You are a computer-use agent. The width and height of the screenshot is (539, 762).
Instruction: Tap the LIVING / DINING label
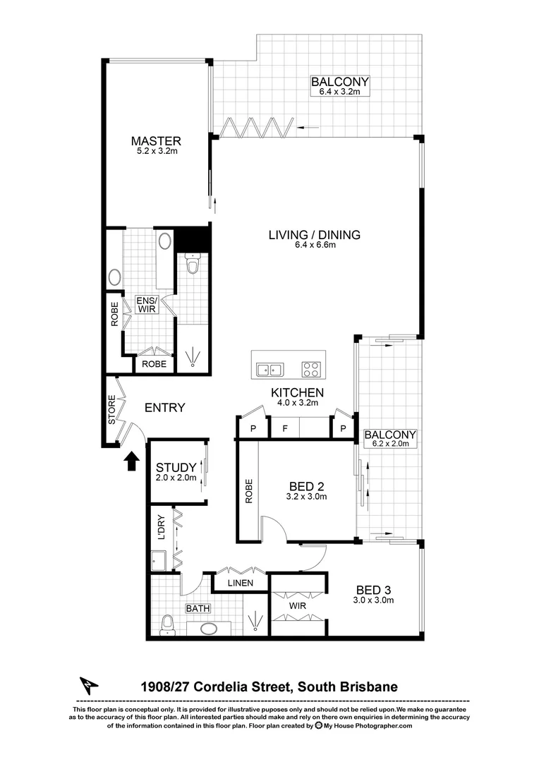314,235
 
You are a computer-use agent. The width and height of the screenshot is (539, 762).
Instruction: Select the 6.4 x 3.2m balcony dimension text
340,92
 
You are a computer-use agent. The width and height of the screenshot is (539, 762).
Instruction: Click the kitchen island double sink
269,368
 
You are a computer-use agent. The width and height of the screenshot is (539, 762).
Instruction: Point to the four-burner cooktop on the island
311,368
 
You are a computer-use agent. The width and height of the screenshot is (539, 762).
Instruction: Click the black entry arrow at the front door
131,461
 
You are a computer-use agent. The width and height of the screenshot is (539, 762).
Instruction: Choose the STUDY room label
176,467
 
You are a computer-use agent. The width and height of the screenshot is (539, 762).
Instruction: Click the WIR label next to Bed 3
297,605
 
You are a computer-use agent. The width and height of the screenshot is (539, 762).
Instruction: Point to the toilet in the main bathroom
168,624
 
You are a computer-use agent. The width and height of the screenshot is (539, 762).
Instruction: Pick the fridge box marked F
284,428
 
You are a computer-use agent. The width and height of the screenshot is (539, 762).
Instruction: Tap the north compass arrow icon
88,685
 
